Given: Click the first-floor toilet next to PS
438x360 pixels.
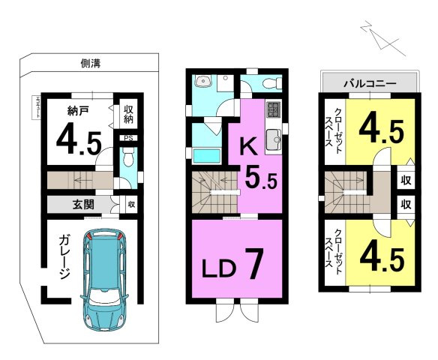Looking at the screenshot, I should click(127, 158).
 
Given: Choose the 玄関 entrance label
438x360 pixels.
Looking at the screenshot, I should click(83, 204).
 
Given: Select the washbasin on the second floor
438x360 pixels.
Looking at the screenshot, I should click(202, 82).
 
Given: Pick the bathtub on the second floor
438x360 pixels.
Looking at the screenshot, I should click(205, 156).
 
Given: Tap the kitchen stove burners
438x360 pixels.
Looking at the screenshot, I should click(272, 109).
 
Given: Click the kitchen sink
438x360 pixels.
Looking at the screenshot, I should click(274, 137).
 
